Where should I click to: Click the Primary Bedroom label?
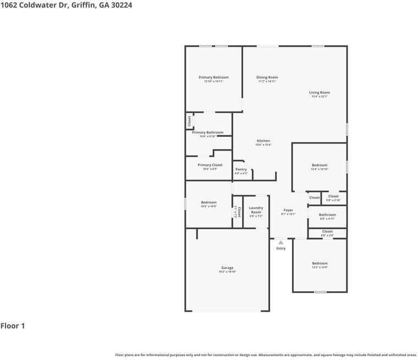click(213, 77)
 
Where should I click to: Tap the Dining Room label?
click(267, 77)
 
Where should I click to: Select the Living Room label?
click(319, 93)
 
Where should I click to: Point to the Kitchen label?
click(263, 141)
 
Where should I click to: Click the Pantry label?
click(241, 169)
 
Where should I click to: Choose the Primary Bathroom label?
click(207, 132)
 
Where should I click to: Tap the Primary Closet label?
click(210, 165)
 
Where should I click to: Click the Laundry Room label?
click(256, 210)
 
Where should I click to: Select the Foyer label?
click(288, 211)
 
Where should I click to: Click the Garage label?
click(227, 268)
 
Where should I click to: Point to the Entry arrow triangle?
click(281, 242)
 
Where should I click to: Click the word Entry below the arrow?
click(281, 248)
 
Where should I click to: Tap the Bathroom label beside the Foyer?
click(327, 215)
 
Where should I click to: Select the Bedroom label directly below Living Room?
click(319, 165)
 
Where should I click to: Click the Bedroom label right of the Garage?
click(320, 263)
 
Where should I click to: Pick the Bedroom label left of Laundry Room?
click(208, 202)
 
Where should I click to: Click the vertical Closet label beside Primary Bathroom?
click(189, 121)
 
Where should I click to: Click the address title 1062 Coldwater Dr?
click(66, 5)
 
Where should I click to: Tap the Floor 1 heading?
click(13, 326)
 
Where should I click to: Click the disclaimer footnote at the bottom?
click(266, 355)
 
